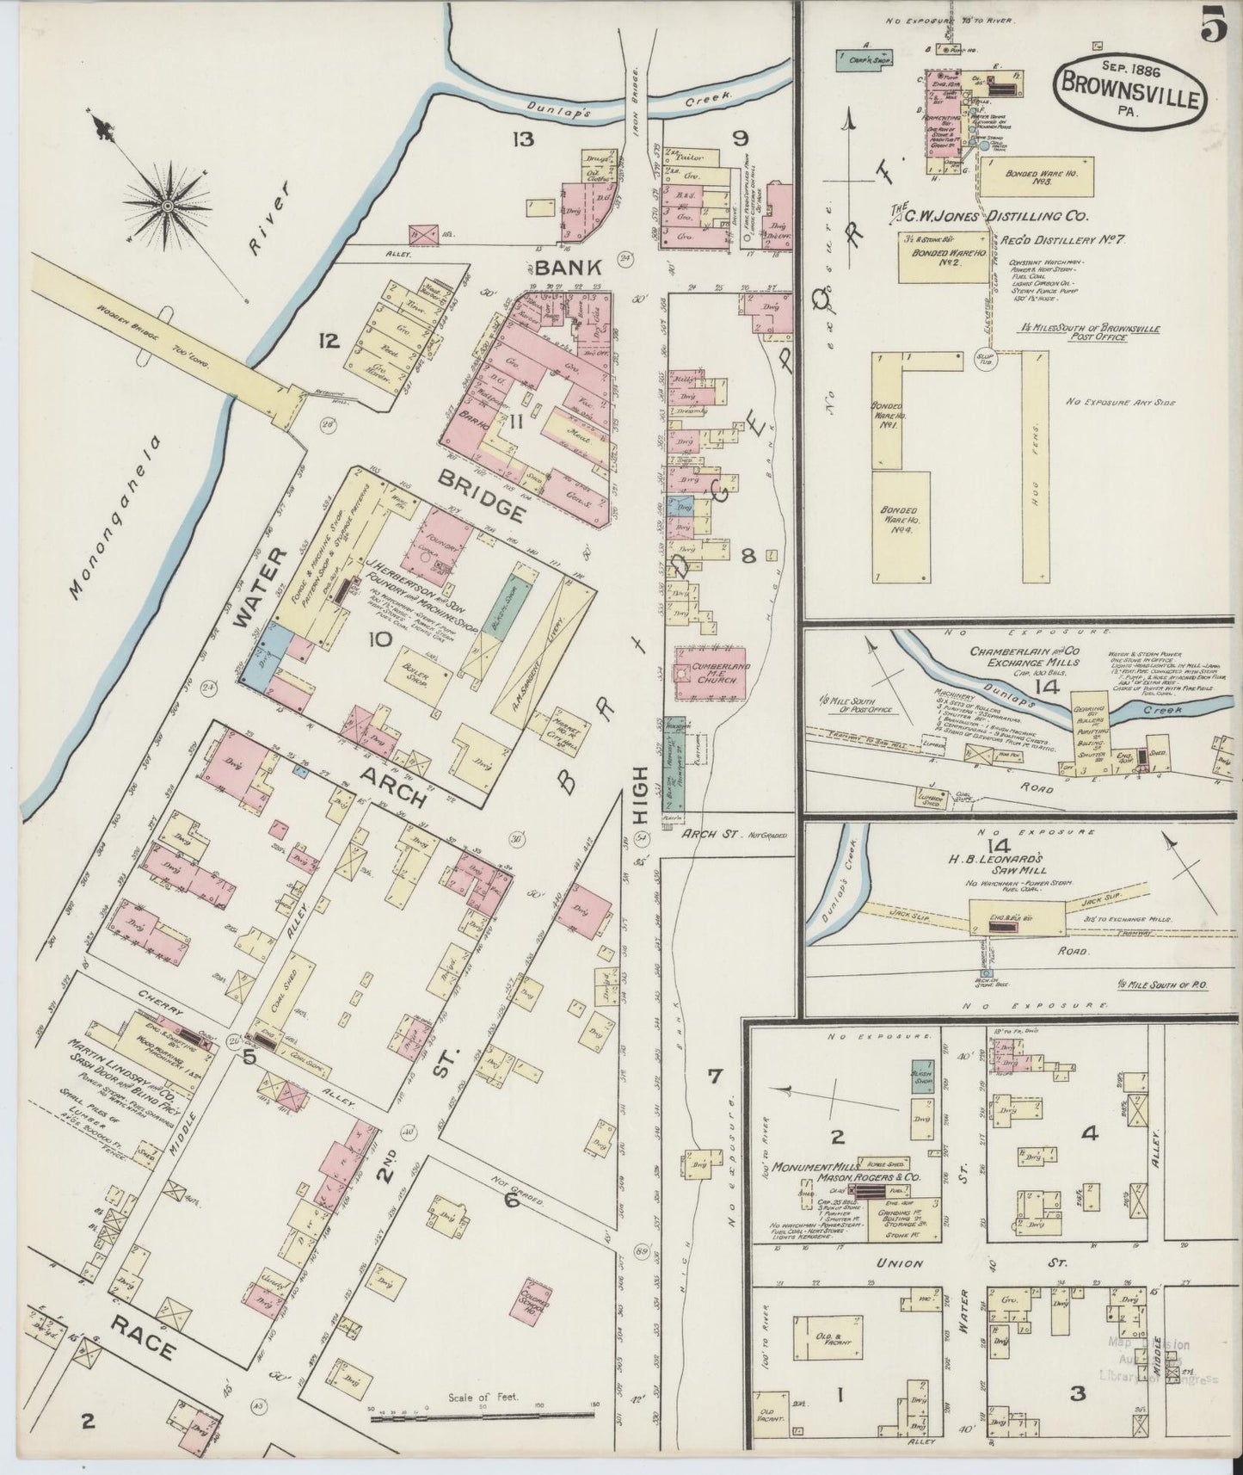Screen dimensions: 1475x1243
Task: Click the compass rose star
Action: pyautogui.click(x=169, y=207)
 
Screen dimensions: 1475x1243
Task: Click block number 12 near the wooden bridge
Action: pyautogui.click(x=327, y=342)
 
